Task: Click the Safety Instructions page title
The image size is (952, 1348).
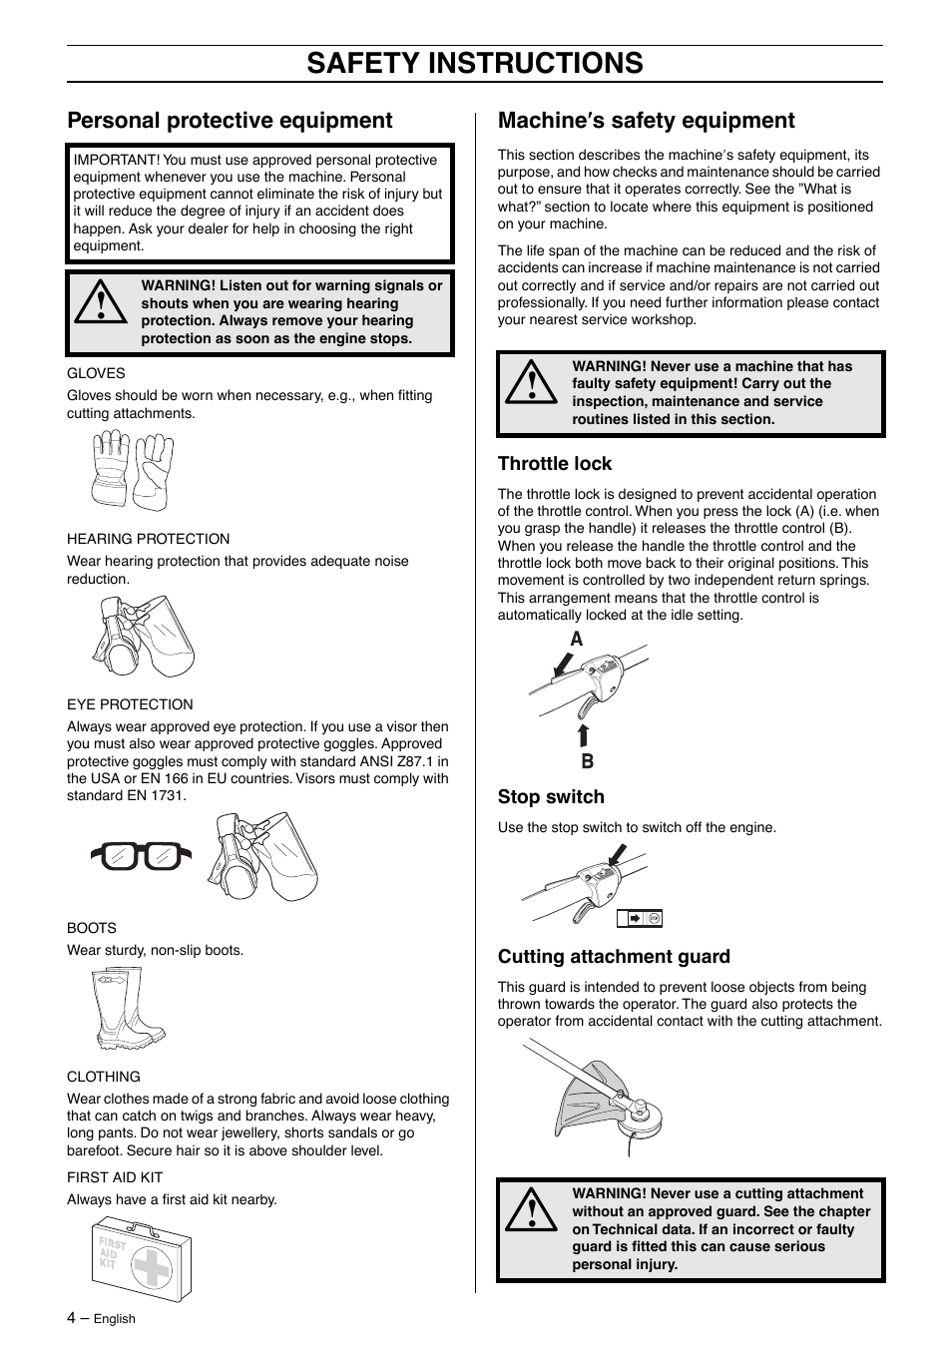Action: [x=475, y=63]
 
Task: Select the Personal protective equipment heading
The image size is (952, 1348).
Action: [x=230, y=121]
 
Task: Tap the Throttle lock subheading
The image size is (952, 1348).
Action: [x=554, y=463]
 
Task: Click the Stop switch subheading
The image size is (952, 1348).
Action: [x=551, y=796]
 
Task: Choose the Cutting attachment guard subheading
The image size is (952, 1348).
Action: [x=614, y=956]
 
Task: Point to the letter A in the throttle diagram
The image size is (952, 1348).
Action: [x=576, y=640]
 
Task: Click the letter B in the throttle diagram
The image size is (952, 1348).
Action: [x=587, y=761]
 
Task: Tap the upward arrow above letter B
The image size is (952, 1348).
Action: [x=584, y=736]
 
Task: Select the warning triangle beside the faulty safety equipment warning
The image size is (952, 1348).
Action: [x=530, y=384]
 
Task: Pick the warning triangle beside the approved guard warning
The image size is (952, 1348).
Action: [x=530, y=1211]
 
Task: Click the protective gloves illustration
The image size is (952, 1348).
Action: [x=132, y=469]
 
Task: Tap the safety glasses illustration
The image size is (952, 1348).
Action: [x=140, y=856]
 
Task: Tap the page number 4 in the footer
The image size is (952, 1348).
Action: [x=71, y=1317]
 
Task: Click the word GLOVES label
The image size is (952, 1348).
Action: [x=96, y=373]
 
